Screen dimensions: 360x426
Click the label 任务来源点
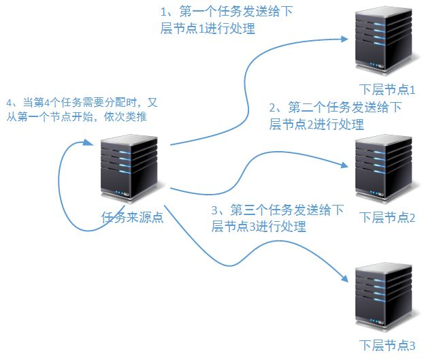132,218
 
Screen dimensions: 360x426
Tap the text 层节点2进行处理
316,125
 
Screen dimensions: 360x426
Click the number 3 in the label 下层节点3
411,345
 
